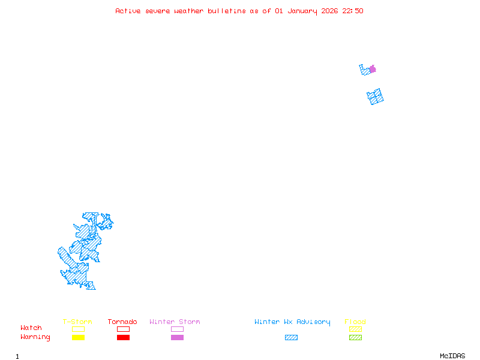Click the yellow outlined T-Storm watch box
coord(78,329)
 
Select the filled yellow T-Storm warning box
coord(78,338)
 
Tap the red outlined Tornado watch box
coord(123,329)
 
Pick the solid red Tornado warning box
coord(123,338)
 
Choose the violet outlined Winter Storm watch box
coord(177,329)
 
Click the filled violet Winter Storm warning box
coord(177,338)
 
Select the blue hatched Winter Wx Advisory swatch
coord(291,338)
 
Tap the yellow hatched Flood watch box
coord(355,329)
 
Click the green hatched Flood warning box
coord(355,338)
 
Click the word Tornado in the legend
coord(122,322)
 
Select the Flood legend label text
coord(355,322)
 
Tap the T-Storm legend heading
coord(77,322)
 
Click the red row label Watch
coord(31,328)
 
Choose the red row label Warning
coord(35,337)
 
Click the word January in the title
coord(299,11)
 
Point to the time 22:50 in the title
coord(352,11)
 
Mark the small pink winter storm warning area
coord(373,69)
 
